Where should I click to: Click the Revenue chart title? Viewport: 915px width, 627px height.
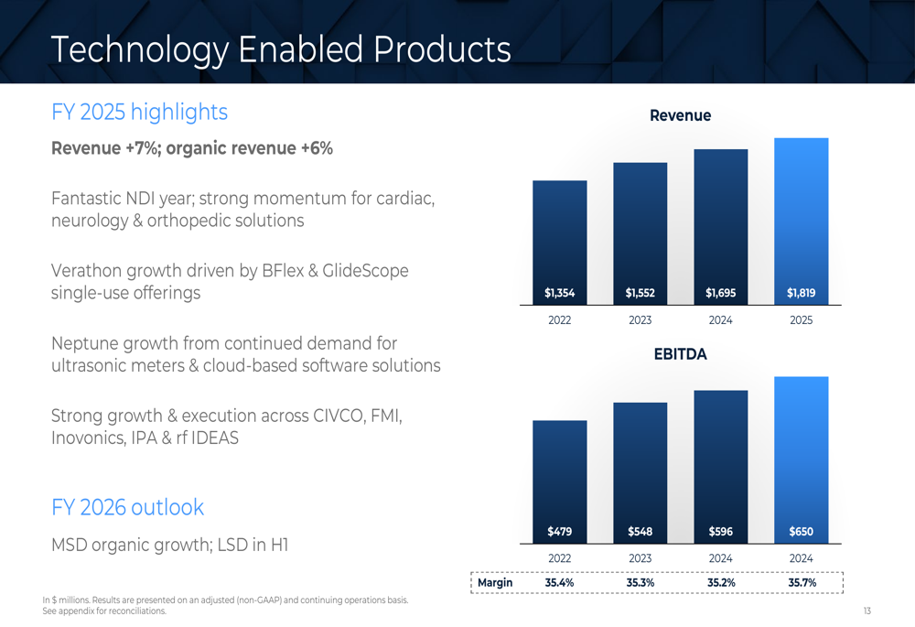tap(680, 115)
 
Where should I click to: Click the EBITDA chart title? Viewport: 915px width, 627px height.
tap(680, 354)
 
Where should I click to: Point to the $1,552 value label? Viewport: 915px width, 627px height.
tap(640, 294)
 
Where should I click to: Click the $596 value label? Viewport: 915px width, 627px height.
tap(721, 532)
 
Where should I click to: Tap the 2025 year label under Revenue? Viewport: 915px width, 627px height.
tap(802, 320)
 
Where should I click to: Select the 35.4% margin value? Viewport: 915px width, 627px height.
tap(560, 583)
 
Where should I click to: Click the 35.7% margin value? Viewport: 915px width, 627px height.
tap(802, 583)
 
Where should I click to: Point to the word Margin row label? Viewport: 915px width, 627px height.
tap(495, 583)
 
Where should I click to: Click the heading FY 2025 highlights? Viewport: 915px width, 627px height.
tap(139, 112)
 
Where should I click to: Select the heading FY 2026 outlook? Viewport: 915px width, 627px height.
tap(127, 507)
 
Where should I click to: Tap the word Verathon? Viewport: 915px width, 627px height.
tap(89, 271)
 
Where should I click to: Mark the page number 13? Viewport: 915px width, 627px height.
tap(867, 611)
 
